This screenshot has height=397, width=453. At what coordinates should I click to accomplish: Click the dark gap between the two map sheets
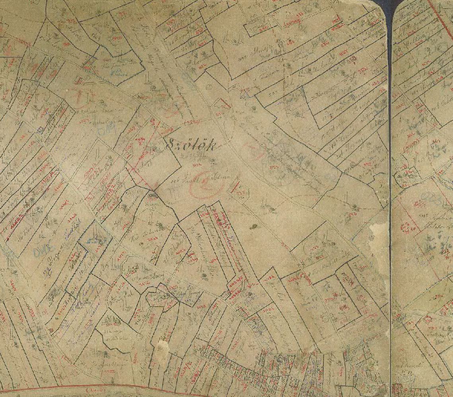click(x=390, y=199)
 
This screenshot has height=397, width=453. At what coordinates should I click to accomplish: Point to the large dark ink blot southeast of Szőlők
click(x=253, y=227)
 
